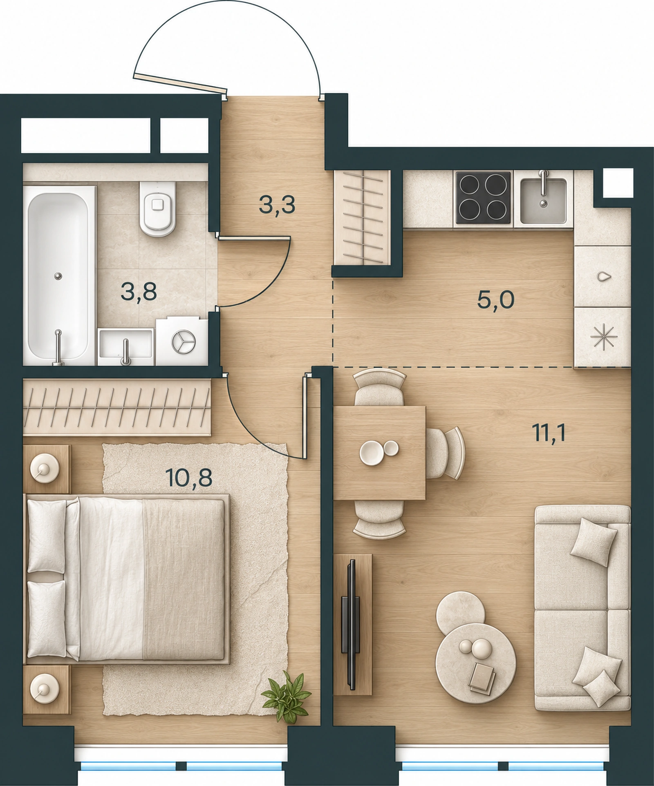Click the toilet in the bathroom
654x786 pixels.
click(158, 209)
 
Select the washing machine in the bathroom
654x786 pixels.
click(181, 341)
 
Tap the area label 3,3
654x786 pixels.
click(277, 205)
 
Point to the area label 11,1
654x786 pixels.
click(548, 433)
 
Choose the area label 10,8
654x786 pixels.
click(189, 477)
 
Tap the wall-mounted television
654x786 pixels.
click(351, 625)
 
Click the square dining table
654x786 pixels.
click(380, 453)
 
